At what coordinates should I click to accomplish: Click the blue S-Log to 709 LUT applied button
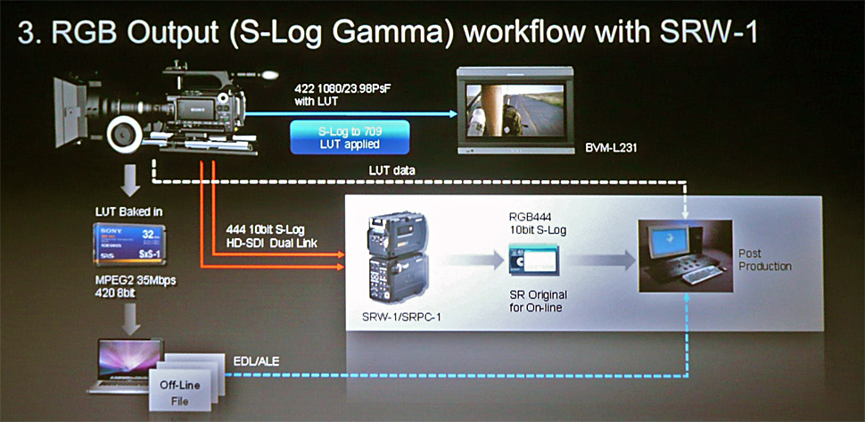click(x=350, y=137)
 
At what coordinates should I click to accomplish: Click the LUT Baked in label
click(x=121, y=212)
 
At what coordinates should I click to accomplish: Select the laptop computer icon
click(x=126, y=361)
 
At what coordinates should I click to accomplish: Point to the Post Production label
click(x=764, y=260)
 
